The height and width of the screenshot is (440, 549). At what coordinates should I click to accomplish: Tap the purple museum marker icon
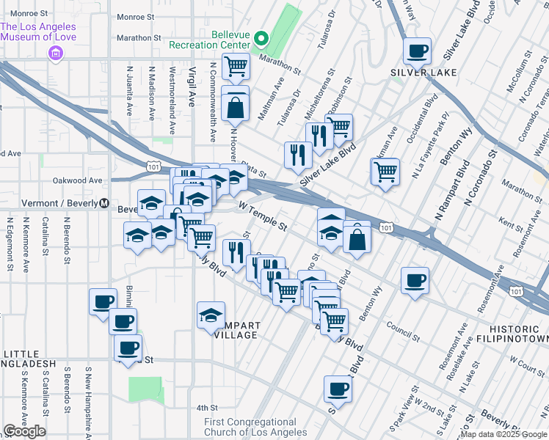pyautogui.click(x=54, y=53)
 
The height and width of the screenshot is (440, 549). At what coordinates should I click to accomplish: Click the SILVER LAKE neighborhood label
pyautogui.click(x=423, y=73)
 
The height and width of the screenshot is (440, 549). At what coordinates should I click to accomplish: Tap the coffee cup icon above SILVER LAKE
pyautogui.click(x=418, y=51)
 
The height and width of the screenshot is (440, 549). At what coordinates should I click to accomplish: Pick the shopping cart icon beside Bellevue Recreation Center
pyautogui.click(x=236, y=66)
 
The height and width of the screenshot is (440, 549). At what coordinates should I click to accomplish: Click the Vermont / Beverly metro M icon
pyautogui.click(x=104, y=203)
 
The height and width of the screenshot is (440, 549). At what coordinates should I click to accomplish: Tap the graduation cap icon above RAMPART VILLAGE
pyautogui.click(x=211, y=315)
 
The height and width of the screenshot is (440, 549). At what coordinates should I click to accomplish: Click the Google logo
pyautogui.click(x=24, y=431)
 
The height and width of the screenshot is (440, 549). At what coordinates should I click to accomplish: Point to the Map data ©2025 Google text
pyautogui.click(x=504, y=434)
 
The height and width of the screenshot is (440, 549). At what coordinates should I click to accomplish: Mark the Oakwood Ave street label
pyautogui.click(x=77, y=180)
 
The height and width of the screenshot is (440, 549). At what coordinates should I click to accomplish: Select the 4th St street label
pyautogui.click(x=207, y=408)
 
